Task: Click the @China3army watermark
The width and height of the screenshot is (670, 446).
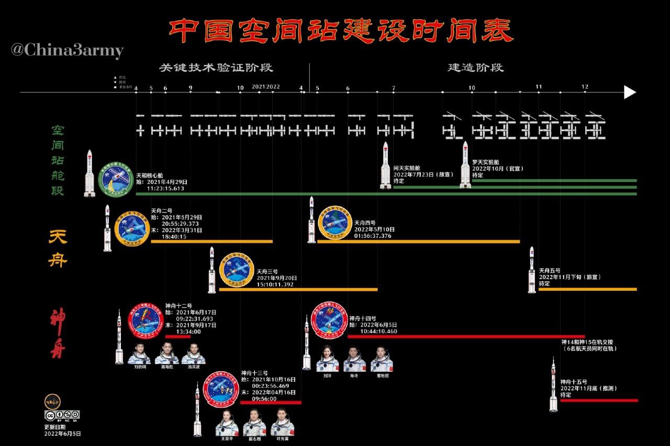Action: coord(68,51)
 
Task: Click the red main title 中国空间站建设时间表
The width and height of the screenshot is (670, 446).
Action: coord(341,31)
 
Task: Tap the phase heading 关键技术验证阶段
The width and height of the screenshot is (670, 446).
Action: coord(216,68)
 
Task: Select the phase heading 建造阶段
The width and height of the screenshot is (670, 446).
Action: coord(475,68)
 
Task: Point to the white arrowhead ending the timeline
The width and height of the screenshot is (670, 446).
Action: coord(630,93)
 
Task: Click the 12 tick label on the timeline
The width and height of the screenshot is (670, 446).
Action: coord(585,87)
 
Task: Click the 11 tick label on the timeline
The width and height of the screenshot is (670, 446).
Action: coord(539,87)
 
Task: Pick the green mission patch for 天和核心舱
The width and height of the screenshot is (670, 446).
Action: coord(116,179)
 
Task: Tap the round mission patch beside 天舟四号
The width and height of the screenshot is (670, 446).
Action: coord(335,223)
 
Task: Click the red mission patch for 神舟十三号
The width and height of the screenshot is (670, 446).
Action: coord(221,390)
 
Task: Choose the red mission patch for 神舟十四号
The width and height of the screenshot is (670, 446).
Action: coord(330,320)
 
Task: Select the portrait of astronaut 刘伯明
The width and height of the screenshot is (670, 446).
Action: coord(139,354)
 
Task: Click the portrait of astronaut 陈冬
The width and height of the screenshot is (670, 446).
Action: coord(354,359)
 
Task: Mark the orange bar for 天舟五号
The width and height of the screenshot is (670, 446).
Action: coord(587,289)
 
